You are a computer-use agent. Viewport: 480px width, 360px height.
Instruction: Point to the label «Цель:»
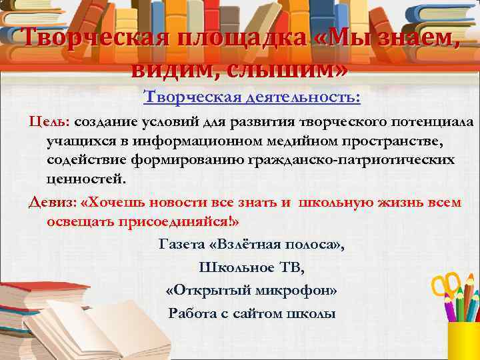coord(49,123)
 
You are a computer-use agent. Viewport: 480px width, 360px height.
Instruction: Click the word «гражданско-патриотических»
coord(361,161)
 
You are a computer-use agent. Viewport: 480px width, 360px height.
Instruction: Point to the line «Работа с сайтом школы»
coord(252,314)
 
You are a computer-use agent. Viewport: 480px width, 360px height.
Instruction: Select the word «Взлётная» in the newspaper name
coord(239,245)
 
